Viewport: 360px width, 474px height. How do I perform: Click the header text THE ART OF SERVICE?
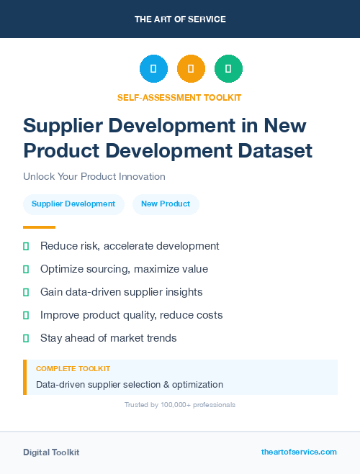[x=180, y=19]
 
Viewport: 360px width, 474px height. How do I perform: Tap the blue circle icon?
[x=153, y=69]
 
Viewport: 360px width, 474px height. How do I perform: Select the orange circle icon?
[x=191, y=69]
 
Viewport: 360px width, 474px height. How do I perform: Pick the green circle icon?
[x=228, y=69]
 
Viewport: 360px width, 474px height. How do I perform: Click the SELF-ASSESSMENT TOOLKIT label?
[x=179, y=97]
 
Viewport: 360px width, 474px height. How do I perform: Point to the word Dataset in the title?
[x=276, y=151]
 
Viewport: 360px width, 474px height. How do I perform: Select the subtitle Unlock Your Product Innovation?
[x=94, y=176]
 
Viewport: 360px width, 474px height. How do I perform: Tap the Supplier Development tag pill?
[x=73, y=204]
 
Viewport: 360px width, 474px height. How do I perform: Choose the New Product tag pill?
[x=166, y=204]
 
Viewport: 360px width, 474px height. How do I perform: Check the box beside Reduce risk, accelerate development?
[x=26, y=246]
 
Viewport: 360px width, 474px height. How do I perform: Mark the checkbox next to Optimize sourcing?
[x=26, y=269]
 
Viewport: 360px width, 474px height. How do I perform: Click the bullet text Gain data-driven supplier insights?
[x=121, y=292]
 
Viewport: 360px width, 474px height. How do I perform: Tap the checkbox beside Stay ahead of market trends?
[x=26, y=338]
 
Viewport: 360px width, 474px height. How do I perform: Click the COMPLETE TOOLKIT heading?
[x=73, y=368]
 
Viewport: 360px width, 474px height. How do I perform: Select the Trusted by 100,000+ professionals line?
[x=180, y=405]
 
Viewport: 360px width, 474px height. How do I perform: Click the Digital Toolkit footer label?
[x=51, y=452]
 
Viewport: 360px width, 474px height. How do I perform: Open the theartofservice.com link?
[x=299, y=452]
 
